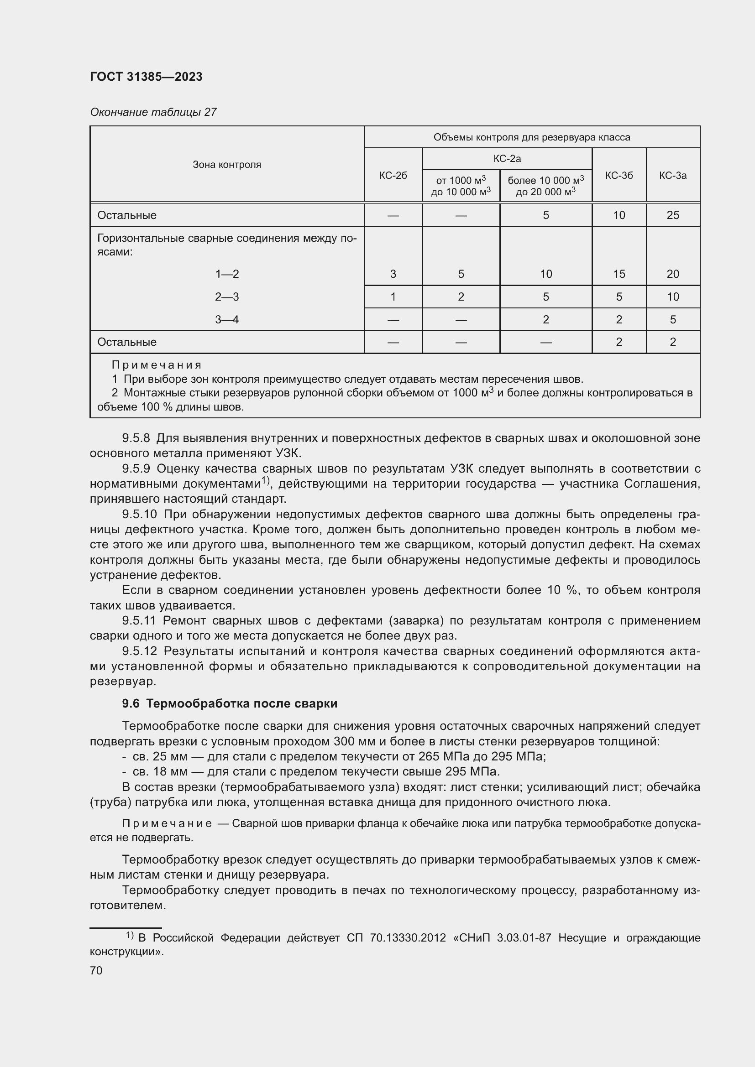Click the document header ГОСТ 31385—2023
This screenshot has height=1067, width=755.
click(146, 77)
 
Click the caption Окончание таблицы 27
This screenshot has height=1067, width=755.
click(153, 112)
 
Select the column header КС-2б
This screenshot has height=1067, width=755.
click(393, 175)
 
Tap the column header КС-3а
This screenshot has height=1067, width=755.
click(672, 175)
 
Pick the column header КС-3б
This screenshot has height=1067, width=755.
click(619, 175)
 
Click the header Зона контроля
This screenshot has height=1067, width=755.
click(227, 165)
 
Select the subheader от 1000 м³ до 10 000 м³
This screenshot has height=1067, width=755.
click(461, 186)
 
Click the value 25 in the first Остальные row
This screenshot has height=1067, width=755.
click(672, 215)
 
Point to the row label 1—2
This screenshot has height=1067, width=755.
click(227, 274)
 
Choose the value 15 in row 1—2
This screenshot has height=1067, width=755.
click(619, 274)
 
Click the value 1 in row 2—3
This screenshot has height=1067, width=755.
click(393, 297)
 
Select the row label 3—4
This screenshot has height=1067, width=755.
click(227, 319)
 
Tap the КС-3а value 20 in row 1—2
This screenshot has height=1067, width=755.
click(672, 274)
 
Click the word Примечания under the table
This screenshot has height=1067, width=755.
click(156, 365)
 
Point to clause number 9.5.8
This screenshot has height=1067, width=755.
click(136, 438)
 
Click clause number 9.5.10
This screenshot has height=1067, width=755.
click(140, 514)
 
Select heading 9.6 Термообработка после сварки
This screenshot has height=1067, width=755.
click(230, 703)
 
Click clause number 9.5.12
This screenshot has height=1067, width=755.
click(140, 651)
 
